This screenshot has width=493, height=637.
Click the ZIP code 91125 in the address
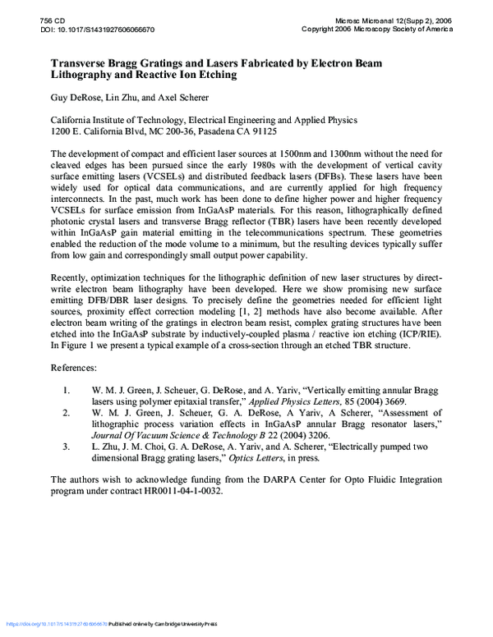(x=260, y=131)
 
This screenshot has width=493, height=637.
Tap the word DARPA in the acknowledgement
(x=259, y=478)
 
